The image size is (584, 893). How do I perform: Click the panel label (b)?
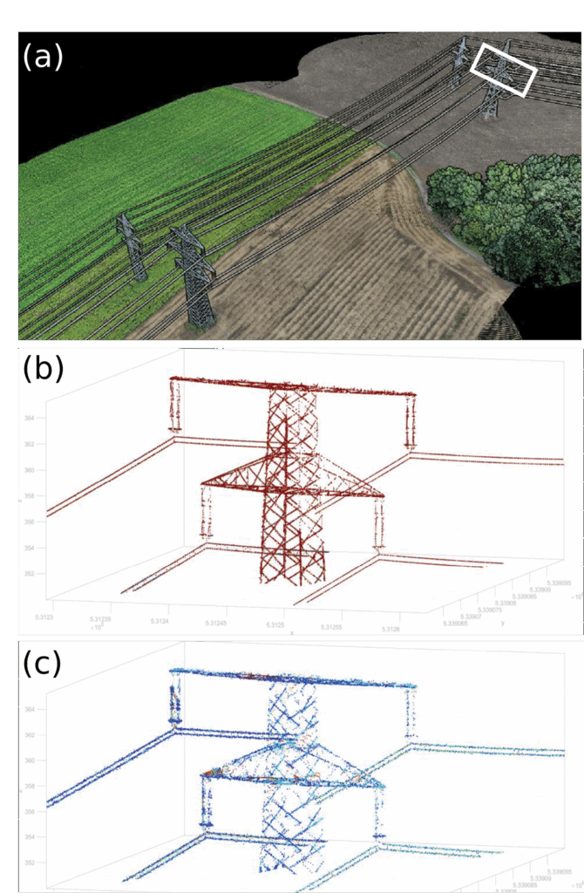point(43,370)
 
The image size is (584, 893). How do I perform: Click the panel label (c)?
point(43,664)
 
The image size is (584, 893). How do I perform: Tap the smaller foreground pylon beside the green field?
point(132,245)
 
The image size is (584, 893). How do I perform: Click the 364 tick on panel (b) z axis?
point(30,419)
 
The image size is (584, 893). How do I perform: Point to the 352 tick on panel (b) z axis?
point(30,574)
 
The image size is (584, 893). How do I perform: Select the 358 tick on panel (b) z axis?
point(30,497)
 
